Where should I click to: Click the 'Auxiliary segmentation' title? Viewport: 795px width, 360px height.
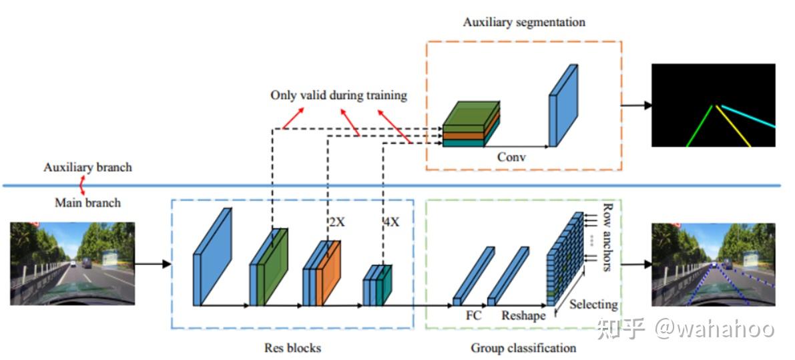524,22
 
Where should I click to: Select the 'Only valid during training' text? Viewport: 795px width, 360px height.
338,95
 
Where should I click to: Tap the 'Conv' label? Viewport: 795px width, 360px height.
511,158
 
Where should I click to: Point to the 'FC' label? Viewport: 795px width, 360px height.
474,315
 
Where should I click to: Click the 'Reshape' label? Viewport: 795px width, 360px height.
523,315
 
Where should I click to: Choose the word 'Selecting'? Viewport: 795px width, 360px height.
593,305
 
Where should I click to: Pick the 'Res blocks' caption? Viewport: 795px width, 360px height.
292,348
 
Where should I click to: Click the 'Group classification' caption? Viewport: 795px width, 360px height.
523,348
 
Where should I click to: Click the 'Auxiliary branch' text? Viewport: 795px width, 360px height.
87,167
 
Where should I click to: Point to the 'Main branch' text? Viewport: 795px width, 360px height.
87,202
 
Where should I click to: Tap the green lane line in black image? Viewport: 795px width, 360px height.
701,127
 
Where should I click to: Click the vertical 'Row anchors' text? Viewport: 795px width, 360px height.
607,237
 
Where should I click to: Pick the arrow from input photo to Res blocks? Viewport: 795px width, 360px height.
153,264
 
